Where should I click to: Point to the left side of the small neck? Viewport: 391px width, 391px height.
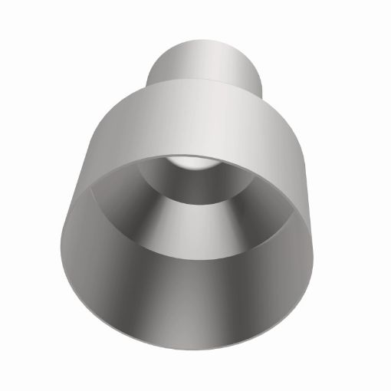coord(157,67)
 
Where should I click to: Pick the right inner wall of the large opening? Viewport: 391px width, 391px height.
coord(295,238)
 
